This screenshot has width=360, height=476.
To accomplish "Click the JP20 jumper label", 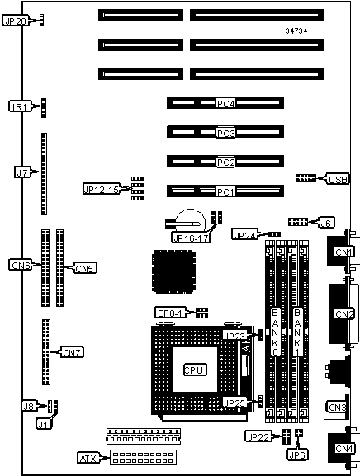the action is coord(16,21).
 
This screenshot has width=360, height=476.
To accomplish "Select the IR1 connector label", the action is coord(20,106).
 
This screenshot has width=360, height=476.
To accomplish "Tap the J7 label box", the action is coord(23,172).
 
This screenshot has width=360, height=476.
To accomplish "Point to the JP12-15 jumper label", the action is coord(102,189).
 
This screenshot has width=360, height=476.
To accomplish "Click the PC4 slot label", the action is coord(225,103).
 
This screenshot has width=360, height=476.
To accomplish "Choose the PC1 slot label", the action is coord(225,191).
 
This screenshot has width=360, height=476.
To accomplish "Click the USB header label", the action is coord(338,179).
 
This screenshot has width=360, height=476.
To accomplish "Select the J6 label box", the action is coord(325,223).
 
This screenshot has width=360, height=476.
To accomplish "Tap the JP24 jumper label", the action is coord(245,234).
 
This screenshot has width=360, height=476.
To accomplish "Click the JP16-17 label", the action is coord(191,238).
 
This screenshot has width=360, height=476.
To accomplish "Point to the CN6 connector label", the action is coord(21,265).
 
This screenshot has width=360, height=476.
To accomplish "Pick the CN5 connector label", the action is coord(85,268).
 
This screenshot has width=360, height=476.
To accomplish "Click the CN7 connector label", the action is coord(72,352).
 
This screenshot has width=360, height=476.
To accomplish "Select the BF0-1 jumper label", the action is coord(170,313).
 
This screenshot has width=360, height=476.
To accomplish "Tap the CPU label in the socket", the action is coord(195,370).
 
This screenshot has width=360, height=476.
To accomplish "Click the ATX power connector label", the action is coord(89,458).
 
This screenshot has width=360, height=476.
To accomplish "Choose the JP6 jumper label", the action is coord(296,455).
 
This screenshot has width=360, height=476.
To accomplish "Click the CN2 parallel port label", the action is coord(344,313).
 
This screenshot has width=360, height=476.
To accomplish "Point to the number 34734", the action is coord(296,31).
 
